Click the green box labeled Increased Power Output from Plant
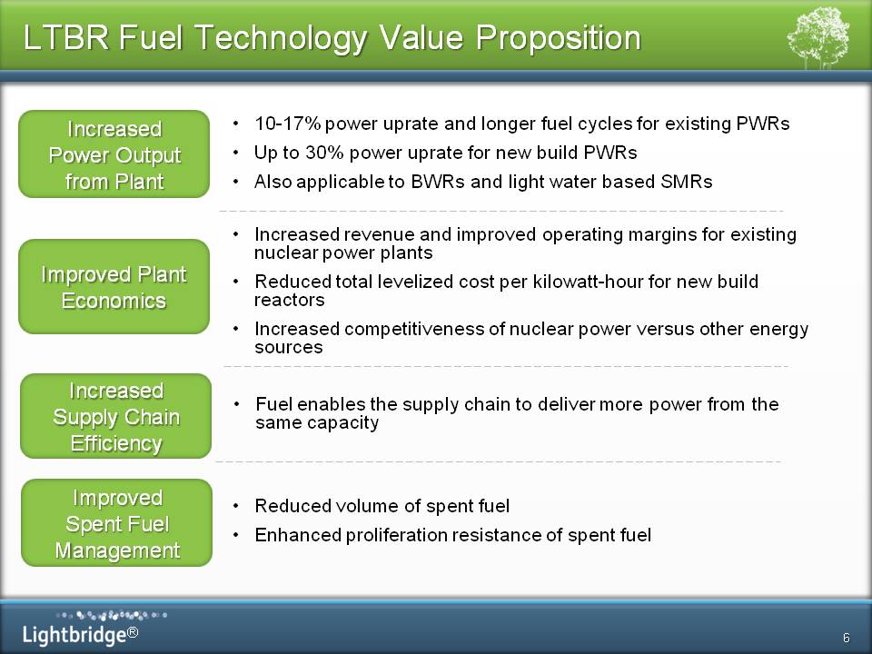click(114, 154)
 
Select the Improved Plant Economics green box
click(114, 286)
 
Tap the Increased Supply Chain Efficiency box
click(115, 416)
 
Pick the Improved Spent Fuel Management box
click(117, 523)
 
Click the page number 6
click(847, 638)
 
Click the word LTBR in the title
click(66, 37)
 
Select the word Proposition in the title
click(558, 39)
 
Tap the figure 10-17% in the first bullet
click(288, 124)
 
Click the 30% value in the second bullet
click(325, 153)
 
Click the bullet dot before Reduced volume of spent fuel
click(236, 506)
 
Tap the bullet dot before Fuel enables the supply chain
click(237, 404)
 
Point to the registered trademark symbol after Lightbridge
click(133, 632)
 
